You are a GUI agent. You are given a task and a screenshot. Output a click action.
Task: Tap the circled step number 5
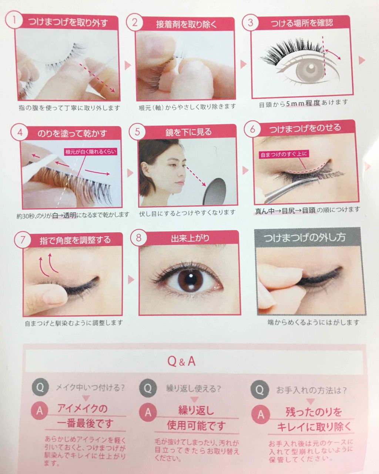click(138, 132)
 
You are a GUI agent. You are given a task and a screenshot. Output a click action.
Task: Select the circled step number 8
click(138, 237)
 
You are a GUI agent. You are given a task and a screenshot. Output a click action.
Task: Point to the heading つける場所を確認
click(302, 23)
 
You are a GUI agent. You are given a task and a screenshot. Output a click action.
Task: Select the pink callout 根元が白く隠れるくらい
click(87, 152)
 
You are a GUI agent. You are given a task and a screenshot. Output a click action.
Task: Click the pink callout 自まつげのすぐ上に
click(284, 154)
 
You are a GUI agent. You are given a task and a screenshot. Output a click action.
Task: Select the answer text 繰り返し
click(196, 410)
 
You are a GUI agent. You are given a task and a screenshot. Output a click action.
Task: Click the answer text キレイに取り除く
click(314, 427)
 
